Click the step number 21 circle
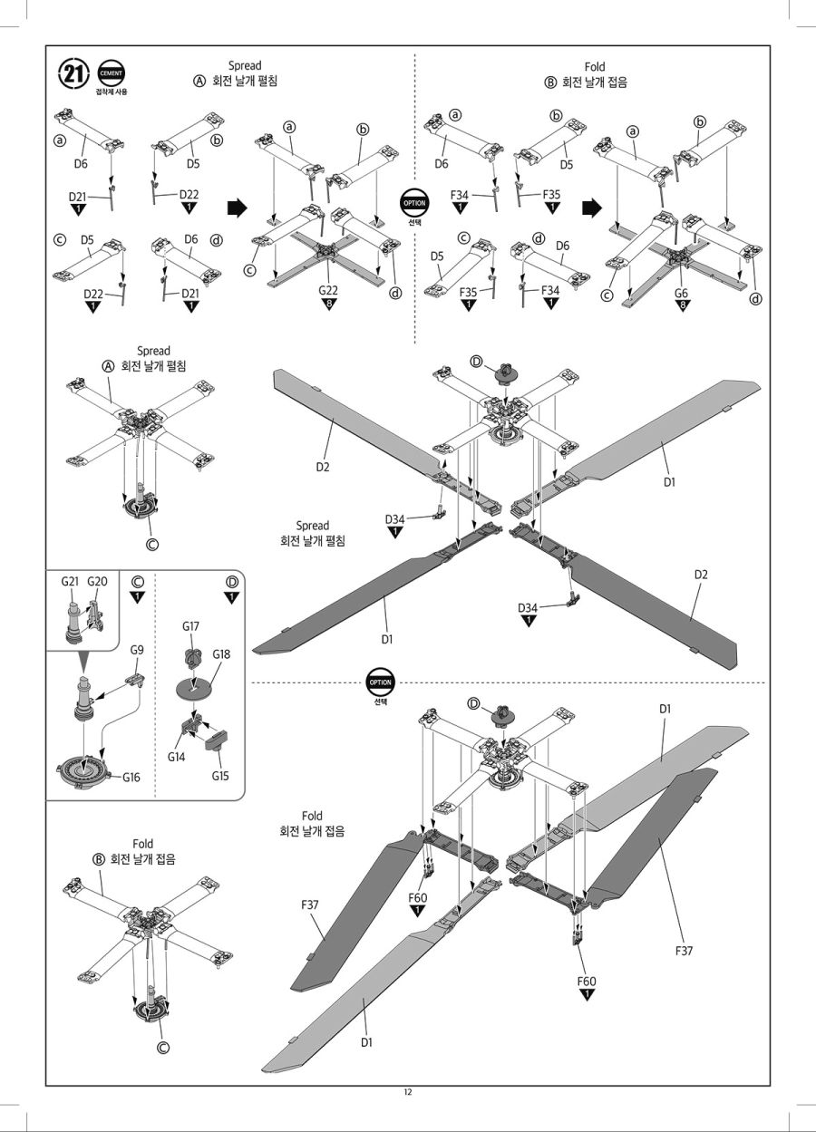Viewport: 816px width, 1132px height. tap(73, 73)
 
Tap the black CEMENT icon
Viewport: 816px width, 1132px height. tap(112, 73)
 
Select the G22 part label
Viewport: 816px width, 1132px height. tap(328, 289)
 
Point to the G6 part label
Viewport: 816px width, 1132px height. tap(682, 294)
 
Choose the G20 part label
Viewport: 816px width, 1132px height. tap(98, 581)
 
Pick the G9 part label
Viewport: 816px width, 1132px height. tap(137, 650)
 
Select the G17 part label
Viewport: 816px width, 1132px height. tap(190, 625)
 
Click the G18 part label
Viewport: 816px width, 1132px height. tap(221, 653)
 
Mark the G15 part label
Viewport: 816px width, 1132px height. tap(221, 775)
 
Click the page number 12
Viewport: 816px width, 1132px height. tap(408, 1091)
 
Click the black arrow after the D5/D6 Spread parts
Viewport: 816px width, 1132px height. tap(237, 208)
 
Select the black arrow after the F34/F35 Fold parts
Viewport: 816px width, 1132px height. tap(592, 208)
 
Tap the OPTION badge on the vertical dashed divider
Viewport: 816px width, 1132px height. tap(414, 203)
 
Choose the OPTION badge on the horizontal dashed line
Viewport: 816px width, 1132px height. tap(380, 682)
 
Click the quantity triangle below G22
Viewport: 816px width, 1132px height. tap(328, 304)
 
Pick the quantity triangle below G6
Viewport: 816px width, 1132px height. tap(682, 308)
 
